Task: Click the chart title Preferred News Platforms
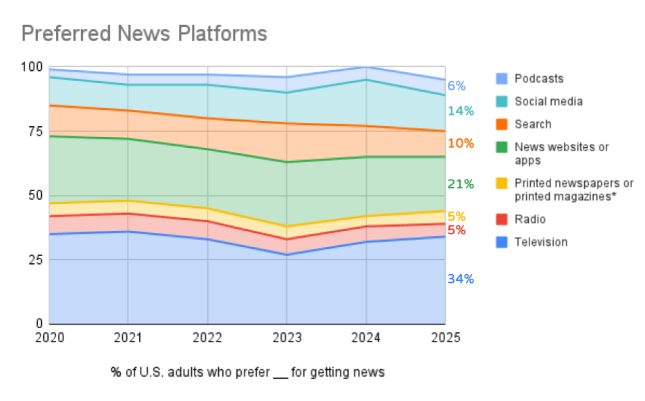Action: pyautogui.click(x=144, y=34)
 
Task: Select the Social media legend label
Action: pyautogui.click(x=548, y=101)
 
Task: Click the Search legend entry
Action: pyautogui.click(x=533, y=124)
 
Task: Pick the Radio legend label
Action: pyautogui.click(x=530, y=219)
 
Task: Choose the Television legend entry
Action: pyautogui.click(x=541, y=242)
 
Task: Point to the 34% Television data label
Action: pyautogui.click(x=461, y=279)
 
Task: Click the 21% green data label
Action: pyautogui.click(x=461, y=184)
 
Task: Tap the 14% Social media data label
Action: pyautogui.click(x=461, y=111)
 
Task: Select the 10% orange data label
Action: pyautogui.click(x=461, y=143)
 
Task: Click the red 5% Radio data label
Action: pyautogui.click(x=457, y=230)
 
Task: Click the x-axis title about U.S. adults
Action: pyautogui.click(x=248, y=372)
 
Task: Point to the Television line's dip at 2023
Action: pyautogui.click(x=287, y=255)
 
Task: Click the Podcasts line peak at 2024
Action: pyautogui.click(x=366, y=67)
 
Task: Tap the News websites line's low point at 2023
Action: pyautogui.click(x=287, y=162)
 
